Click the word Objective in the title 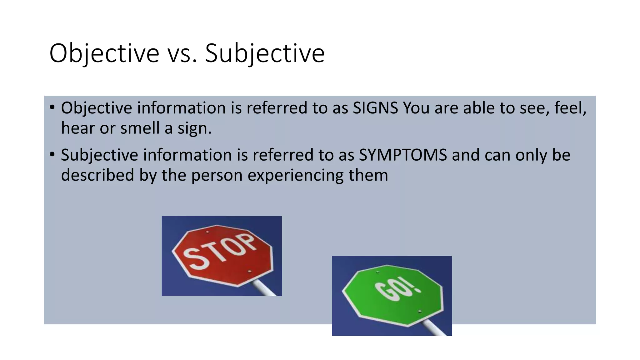coord(104,53)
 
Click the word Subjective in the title coord(265,53)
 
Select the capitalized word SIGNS coord(375,108)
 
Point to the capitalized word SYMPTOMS coord(403,155)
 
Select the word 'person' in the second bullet coord(217,175)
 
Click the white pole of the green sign coord(435,328)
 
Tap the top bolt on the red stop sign coord(207,232)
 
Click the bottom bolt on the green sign coord(419,312)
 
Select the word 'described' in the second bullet coord(97,175)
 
